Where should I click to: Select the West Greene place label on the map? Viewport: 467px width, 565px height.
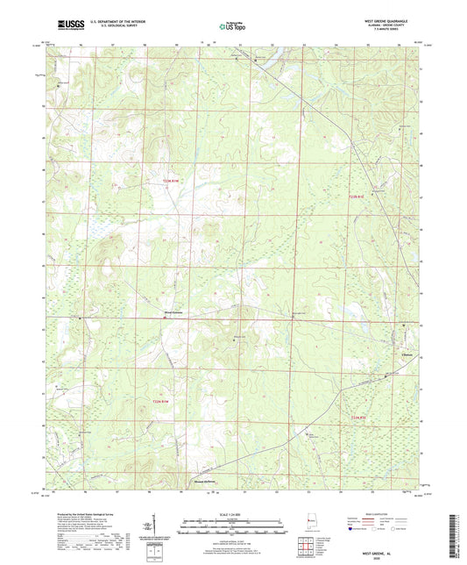click(x=174, y=310)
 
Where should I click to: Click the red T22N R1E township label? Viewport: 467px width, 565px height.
click(x=362, y=417)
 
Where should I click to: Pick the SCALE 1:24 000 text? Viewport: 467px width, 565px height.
click(x=233, y=513)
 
